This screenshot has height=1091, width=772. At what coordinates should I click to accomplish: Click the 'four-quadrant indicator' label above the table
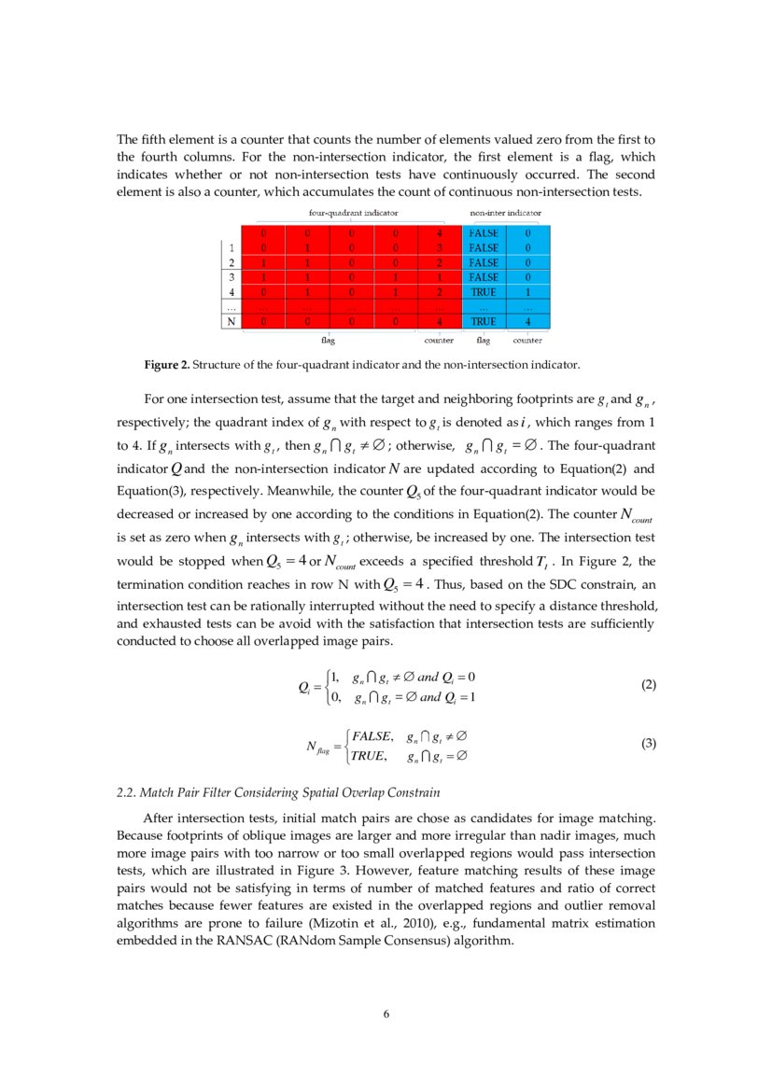pyautogui.click(x=346, y=213)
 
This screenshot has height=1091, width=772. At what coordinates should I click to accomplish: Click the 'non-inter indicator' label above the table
pyautogui.click(x=505, y=213)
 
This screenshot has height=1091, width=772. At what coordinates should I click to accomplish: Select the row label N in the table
pyautogui.click(x=229, y=322)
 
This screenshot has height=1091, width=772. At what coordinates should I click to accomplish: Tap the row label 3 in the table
pyautogui.click(x=229, y=277)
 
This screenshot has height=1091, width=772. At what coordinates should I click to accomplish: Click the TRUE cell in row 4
pyautogui.click(x=484, y=292)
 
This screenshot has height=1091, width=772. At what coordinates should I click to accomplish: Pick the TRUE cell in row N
pyautogui.click(x=484, y=322)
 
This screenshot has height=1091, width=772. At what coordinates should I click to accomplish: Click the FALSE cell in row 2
pyautogui.click(x=484, y=262)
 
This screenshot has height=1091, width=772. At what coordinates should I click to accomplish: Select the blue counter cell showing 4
pyautogui.click(x=528, y=322)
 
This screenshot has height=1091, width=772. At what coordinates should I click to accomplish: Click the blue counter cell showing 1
pyautogui.click(x=528, y=292)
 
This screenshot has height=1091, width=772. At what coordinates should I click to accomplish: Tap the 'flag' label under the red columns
pyautogui.click(x=328, y=341)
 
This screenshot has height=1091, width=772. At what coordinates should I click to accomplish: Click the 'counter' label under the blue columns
pyautogui.click(x=527, y=341)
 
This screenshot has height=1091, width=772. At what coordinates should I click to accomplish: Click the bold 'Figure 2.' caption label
pyautogui.click(x=164, y=364)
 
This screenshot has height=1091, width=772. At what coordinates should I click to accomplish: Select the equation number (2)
pyautogui.click(x=650, y=684)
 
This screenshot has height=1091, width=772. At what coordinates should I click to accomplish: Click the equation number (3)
pyautogui.click(x=650, y=744)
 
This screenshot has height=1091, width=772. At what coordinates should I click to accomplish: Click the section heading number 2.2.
pyautogui.click(x=127, y=793)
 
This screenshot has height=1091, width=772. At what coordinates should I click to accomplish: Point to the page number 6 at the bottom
pyautogui.click(x=386, y=1014)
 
